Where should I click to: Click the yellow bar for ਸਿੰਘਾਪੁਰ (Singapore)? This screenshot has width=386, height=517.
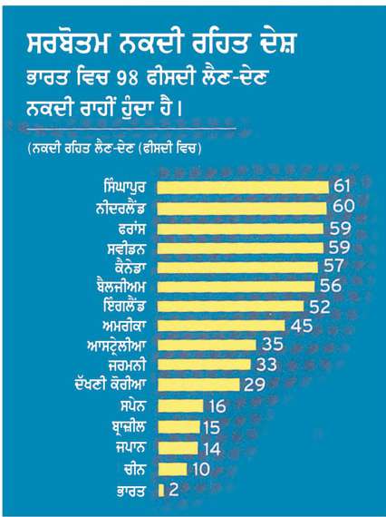243,188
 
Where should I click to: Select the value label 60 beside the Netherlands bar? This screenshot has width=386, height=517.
343,206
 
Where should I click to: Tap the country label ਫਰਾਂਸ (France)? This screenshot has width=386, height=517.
131,229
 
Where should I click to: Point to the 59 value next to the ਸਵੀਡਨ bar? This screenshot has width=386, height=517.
340,248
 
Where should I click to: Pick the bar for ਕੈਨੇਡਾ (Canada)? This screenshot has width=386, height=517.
237,268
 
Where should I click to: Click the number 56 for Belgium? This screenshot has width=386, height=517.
331,286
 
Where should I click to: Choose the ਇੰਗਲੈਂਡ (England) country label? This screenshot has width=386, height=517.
123,306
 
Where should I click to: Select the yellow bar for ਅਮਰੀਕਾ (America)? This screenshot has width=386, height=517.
221,326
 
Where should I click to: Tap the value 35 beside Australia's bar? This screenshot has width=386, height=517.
273,345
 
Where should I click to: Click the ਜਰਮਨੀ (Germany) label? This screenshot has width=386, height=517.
127,366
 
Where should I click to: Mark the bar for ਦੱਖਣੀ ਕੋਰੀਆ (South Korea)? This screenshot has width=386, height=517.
198,385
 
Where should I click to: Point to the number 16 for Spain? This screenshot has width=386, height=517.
217,406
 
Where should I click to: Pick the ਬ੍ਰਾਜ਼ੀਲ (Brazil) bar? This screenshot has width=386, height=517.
179,427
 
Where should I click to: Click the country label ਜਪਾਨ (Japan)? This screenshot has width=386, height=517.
130,447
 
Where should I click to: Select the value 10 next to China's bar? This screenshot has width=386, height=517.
200,469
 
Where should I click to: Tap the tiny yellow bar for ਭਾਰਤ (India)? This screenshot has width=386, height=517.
161,491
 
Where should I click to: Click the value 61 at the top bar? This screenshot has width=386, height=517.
342,186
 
